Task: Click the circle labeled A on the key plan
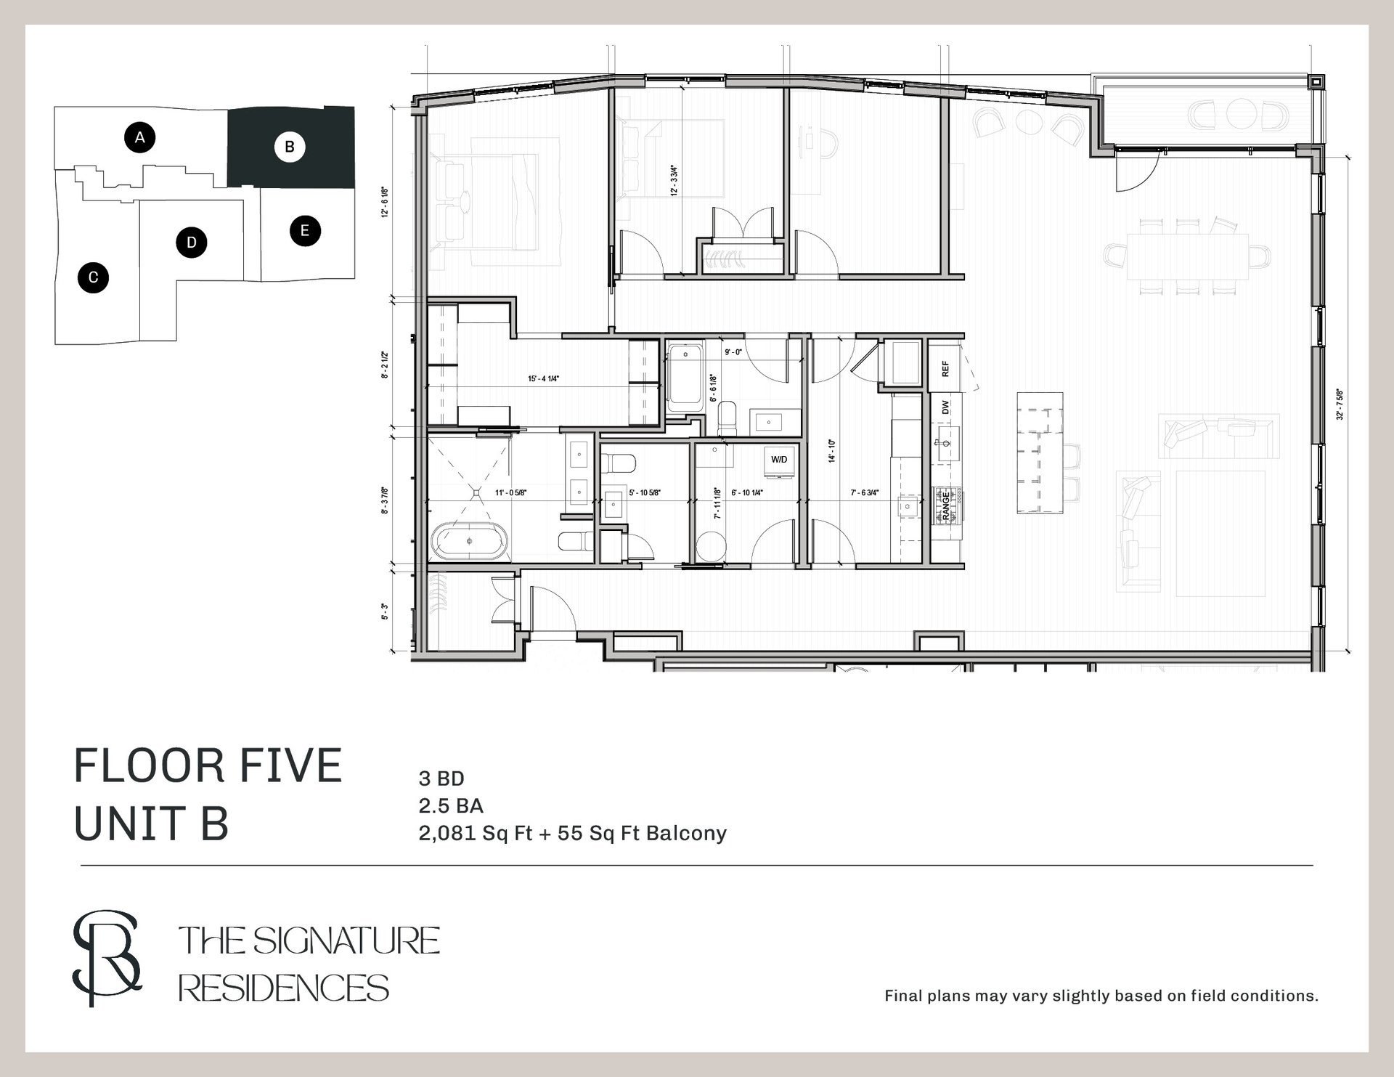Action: [140, 137]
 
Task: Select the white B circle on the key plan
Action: [290, 147]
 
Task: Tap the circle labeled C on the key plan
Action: [93, 277]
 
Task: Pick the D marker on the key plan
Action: [192, 242]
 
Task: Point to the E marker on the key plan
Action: [305, 231]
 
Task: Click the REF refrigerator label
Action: [945, 369]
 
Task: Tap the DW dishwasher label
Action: [945, 407]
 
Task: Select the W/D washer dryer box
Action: [779, 460]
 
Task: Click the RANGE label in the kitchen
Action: [946, 505]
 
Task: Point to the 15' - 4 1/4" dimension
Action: [543, 378]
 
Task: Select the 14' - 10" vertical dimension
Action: [832, 450]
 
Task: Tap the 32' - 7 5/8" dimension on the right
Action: [1340, 405]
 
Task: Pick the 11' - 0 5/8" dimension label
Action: [510, 492]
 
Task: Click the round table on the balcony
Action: [1237, 115]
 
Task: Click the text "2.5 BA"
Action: [451, 805]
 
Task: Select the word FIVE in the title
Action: [294, 767]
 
